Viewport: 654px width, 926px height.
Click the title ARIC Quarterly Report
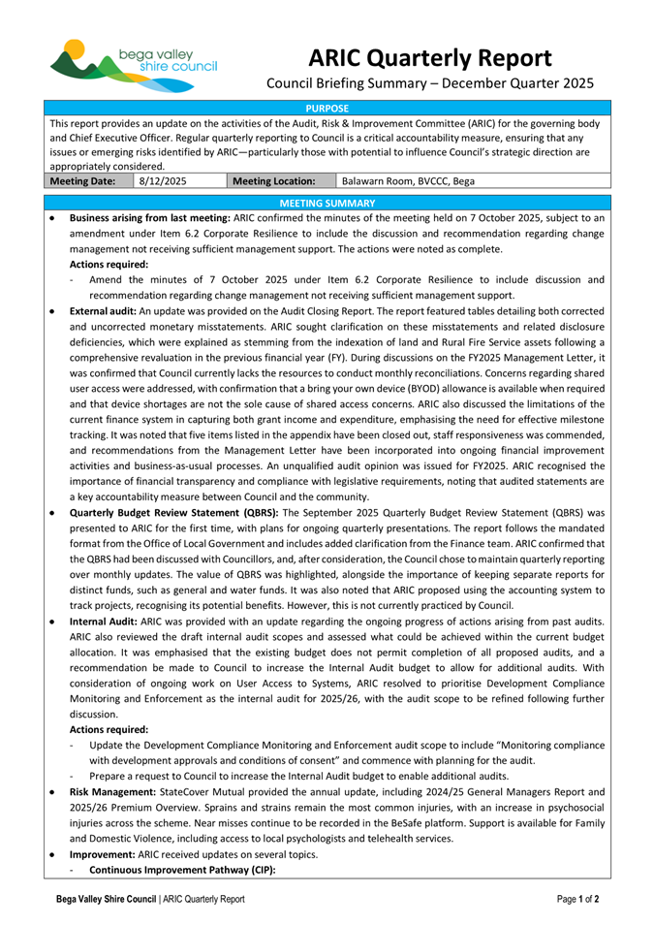coord(430,56)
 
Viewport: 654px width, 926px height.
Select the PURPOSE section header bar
coord(327,108)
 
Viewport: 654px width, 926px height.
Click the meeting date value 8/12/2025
coord(163,180)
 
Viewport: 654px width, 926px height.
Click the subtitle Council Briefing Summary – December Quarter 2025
coord(430,84)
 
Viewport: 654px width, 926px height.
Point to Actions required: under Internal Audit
coord(109,728)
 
